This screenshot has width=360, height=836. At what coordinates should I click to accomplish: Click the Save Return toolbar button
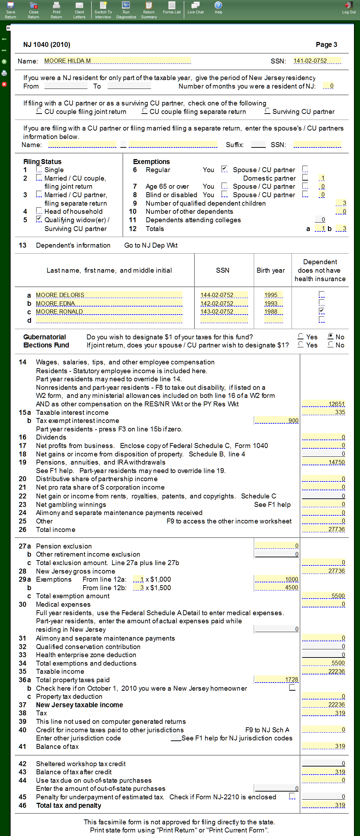tap(10, 10)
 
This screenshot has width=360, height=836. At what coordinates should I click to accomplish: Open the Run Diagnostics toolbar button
tap(126, 10)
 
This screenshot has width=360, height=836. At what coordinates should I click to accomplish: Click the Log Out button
tap(349, 8)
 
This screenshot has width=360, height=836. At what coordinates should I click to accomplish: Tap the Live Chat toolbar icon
tap(196, 8)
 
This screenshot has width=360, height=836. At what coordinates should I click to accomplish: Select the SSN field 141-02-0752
tap(317, 61)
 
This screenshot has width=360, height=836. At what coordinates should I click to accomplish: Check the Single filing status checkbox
tap(39, 169)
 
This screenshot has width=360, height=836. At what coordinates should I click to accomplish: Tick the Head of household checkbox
tap(39, 211)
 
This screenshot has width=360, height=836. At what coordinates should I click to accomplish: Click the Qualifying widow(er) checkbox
tap(39, 219)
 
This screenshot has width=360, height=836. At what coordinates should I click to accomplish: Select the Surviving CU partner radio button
tap(268, 111)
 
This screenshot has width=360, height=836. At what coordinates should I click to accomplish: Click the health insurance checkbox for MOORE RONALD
tap(321, 311)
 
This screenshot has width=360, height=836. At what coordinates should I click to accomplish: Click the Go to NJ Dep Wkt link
tap(151, 245)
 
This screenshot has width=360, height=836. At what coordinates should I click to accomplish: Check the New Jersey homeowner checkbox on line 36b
tap(292, 687)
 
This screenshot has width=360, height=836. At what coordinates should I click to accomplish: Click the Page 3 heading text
tap(326, 44)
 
